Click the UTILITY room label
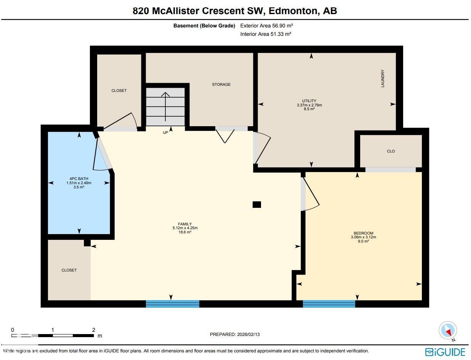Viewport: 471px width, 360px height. point(309,101)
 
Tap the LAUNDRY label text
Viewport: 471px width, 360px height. point(383,79)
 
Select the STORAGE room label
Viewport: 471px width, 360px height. point(221,84)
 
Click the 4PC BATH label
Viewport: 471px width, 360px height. point(78,178)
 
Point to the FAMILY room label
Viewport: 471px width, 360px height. point(185,224)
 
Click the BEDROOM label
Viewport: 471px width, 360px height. point(363,233)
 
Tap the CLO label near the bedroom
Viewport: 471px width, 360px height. point(391,151)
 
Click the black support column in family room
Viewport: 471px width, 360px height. point(257,205)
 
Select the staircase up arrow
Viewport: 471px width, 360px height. point(165,105)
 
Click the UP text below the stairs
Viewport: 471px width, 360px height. point(165,133)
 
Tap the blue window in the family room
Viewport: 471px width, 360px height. point(173,304)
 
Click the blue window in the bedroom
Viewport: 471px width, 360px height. point(329,304)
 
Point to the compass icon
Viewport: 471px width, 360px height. point(447,330)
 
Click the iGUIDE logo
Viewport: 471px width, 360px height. point(445,352)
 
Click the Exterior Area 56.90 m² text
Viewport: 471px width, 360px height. point(266,26)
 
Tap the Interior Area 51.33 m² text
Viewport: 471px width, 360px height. point(266,34)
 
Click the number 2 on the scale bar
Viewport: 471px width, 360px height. point(93,330)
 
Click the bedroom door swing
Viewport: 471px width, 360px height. point(311,194)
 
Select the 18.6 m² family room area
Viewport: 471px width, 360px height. point(185,232)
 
